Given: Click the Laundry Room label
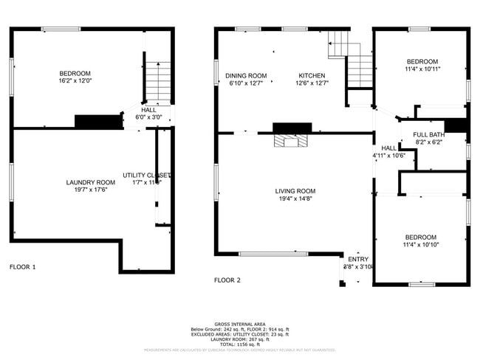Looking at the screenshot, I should click(x=91, y=182).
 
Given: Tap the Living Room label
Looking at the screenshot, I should click(x=295, y=191).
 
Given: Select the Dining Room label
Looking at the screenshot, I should click(x=246, y=76).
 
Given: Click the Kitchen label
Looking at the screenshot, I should click(x=312, y=76).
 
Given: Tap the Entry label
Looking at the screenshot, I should click(x=358, y=259).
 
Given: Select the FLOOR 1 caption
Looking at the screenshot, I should click(x=22, y=266).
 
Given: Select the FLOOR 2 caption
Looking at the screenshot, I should click(x=227, y=280).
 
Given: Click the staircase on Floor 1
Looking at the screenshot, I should click(x=157, y=82).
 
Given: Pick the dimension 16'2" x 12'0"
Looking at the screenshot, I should click(x=75, y=81).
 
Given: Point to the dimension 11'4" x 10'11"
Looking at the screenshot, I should click(x=422, y=69).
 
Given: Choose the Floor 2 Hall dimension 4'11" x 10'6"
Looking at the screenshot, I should click(x=390, y=156).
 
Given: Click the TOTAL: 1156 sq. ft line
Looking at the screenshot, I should click(x=240, y=345).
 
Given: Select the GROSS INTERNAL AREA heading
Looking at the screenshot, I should click(x=240, y=324).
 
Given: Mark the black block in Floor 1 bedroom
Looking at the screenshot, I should click(x=97, y=122).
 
